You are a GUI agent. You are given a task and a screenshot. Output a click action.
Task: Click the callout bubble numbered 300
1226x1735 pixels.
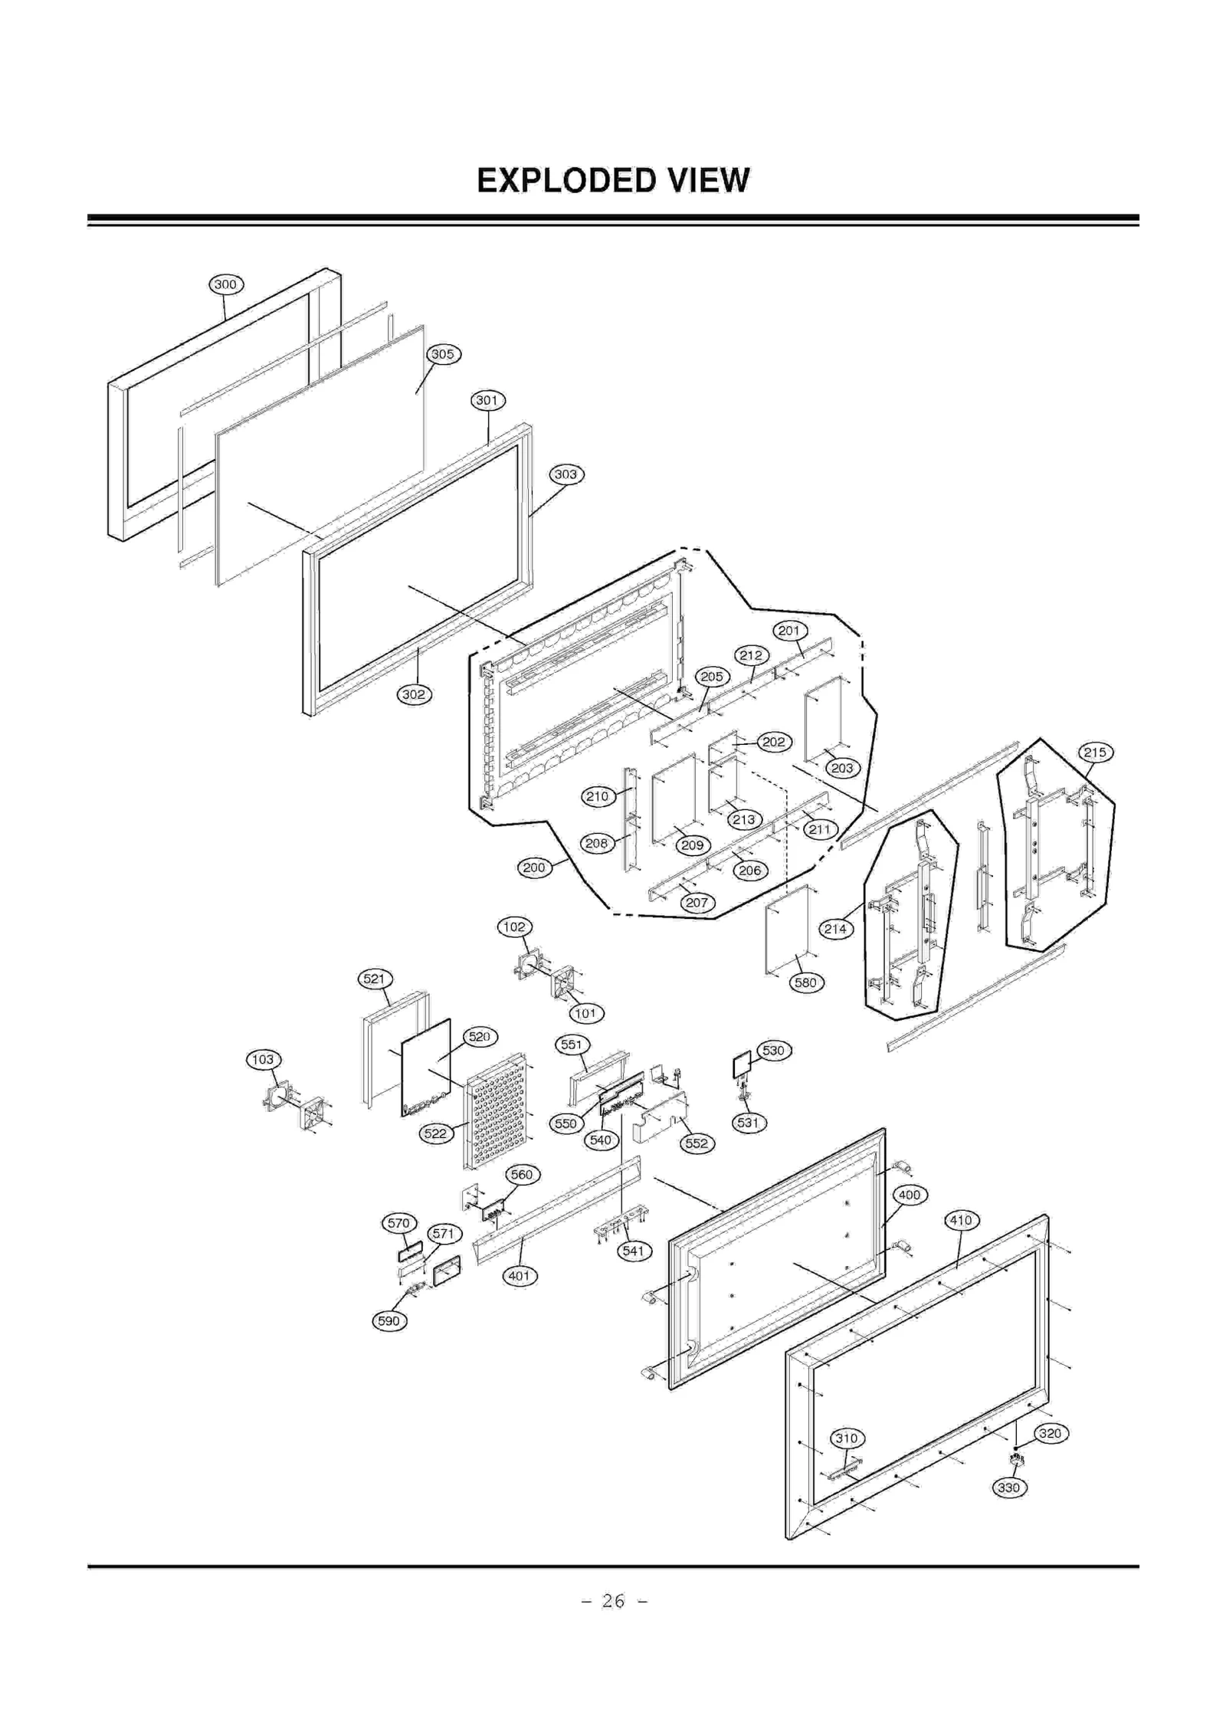click(x=225, y=284)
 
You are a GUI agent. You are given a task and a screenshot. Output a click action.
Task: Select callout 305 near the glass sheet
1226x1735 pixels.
click(x=443, y=354)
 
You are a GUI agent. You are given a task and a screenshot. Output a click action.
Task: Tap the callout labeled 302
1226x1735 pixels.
click(x=414, y=694)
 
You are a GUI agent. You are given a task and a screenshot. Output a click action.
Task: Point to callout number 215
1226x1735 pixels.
click(x=1095, y=753)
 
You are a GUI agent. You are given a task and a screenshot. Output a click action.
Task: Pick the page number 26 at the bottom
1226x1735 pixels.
click(x=613, y=1600)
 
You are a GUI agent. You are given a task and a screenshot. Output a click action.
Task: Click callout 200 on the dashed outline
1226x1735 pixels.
click(x=534, y=867)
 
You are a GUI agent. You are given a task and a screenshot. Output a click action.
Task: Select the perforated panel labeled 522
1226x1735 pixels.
click(x=496, y=1111)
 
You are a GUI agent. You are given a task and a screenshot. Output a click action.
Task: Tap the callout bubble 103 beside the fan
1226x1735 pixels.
click(x=263, y=1060)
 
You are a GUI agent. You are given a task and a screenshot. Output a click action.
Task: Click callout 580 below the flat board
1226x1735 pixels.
click(x=806, y=982)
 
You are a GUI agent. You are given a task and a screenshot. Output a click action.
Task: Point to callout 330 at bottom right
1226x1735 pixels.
click(x=1009, y=1487)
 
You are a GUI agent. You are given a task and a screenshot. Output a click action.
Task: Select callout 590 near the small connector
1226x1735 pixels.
click(x=389, y=1321)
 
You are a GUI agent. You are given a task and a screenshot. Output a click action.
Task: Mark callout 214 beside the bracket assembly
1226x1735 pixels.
click(x=835, y=930)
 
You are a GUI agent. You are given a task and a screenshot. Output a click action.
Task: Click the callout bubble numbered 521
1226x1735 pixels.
click(x=375, y=979)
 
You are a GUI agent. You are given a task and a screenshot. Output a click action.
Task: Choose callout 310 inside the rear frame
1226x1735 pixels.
click(x=847, y=1438)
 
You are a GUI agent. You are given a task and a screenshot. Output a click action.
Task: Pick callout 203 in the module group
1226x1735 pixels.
click(x=842, y=768)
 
